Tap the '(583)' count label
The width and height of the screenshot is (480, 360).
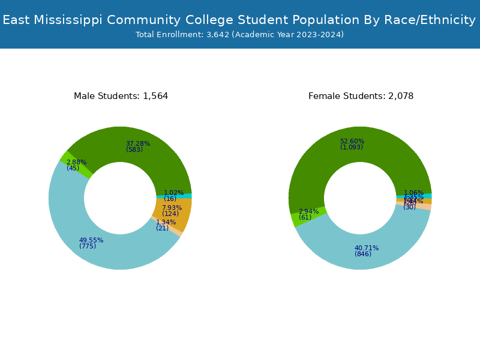tap(134, 150)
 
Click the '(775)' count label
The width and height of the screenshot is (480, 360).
tap(88, 247)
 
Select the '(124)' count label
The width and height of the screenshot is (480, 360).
tap(170, 214)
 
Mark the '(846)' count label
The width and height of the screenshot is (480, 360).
tap(363, 254)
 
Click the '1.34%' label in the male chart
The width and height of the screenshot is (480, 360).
tap(166, 223)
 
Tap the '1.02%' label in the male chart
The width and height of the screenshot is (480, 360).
tap(174, 193)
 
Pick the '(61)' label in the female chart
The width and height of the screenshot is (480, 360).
tap(305, 218)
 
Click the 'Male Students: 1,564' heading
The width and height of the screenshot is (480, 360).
tap(121, 97)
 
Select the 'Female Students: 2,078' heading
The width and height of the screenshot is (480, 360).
tap(361, 97)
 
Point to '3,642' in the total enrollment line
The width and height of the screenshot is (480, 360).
tap(217, 35)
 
